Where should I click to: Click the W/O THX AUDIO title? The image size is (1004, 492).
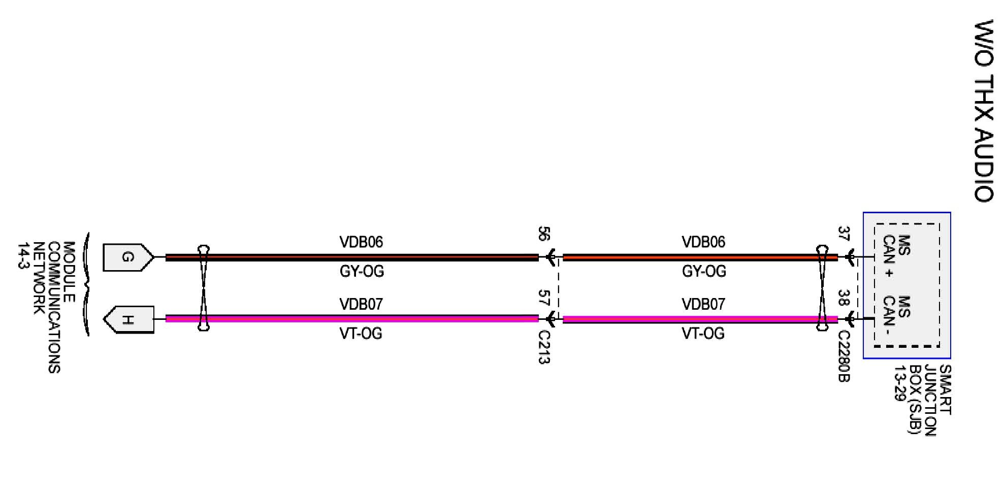(984, 111)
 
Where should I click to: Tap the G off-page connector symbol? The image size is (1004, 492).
(127, 257)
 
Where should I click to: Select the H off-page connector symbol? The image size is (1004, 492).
(129, 320)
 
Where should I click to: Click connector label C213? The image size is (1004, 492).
(544, 347)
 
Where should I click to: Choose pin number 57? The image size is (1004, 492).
(543, 298)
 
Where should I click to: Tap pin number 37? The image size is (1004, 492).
(844, 234)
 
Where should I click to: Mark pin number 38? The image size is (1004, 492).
(844, 298)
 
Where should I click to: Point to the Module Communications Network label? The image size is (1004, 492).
(47, 307)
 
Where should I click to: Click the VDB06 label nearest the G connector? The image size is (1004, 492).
(361, 242)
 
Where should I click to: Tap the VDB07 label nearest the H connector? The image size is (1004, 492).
(361, 304)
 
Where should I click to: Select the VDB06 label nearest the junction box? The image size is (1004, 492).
(703, 242)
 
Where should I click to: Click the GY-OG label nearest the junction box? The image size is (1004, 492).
(704, 271)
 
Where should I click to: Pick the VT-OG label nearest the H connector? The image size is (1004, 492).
(361, 334)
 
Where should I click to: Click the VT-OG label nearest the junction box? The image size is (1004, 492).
(703, 334)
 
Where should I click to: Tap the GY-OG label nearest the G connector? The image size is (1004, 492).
(362, 271)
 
